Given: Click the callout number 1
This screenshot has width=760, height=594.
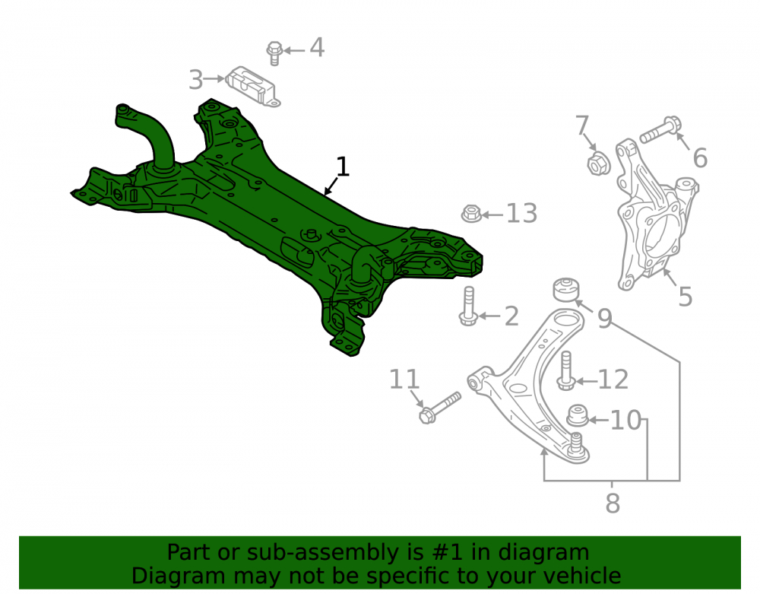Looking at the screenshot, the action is tap(342, 167).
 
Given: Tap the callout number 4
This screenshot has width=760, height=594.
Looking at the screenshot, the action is tap(316, 47).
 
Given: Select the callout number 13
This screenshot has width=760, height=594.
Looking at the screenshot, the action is tap(521, 214).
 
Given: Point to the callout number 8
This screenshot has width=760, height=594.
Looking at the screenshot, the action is tap(613, 503).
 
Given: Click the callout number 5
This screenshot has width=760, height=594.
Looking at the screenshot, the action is tap(685, 297).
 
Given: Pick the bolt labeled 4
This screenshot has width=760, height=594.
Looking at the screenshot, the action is tap(274, 53).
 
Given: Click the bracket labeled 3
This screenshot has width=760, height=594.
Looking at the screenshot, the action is tap(252, 86).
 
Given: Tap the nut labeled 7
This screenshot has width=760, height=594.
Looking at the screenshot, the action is tap(599, 163).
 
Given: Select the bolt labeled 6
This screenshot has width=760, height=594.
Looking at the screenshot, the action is tap(660, 129).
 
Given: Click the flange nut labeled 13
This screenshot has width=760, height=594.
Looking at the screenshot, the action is tap(471, 214).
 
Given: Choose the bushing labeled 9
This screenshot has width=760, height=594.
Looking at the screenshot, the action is tap(566, 290).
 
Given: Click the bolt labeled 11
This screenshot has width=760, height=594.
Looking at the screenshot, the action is tap(439, 408).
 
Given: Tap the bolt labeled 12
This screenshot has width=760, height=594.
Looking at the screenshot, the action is tap(565, 370).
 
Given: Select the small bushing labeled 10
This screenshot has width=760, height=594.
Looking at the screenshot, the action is tap(578, 415).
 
